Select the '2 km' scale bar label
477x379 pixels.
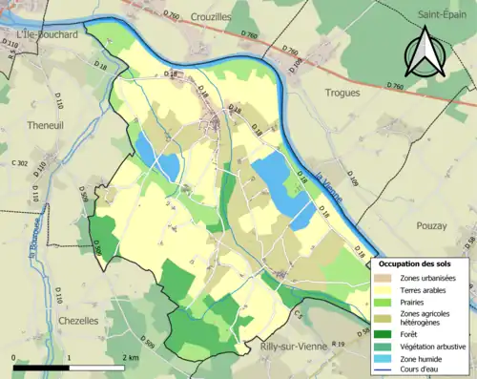[x=131, y=357]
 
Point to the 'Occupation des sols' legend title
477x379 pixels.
[x=418, y=263]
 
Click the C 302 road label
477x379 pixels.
[x=18, y=163]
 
